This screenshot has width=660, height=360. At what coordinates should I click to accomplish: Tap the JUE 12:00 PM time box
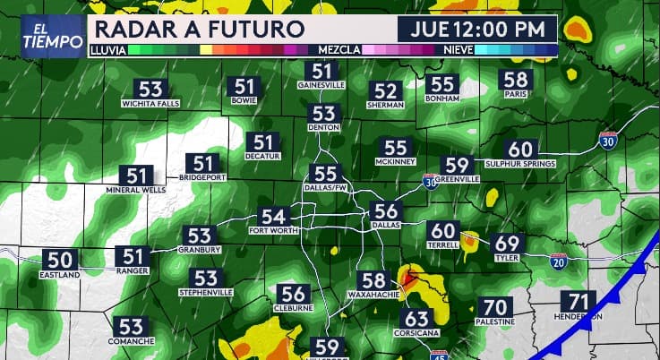point(478,29)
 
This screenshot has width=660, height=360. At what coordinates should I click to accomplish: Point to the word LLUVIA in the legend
point(107,50)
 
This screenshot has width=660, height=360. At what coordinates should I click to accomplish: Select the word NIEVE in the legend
point(459,50)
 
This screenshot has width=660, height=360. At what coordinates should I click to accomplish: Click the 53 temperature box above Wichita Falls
point(151,90)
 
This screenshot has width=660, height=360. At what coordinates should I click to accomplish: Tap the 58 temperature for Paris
point(516,80)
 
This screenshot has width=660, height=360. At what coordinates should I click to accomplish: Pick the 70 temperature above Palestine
point(494,307)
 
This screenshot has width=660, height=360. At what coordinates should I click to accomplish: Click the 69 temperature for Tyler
point(507,243)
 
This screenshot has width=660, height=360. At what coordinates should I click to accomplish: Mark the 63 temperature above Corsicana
point(416,319)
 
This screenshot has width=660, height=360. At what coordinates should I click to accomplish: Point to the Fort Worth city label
point(272,231)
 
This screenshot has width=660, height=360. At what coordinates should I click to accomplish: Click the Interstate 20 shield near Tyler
point(558,261)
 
